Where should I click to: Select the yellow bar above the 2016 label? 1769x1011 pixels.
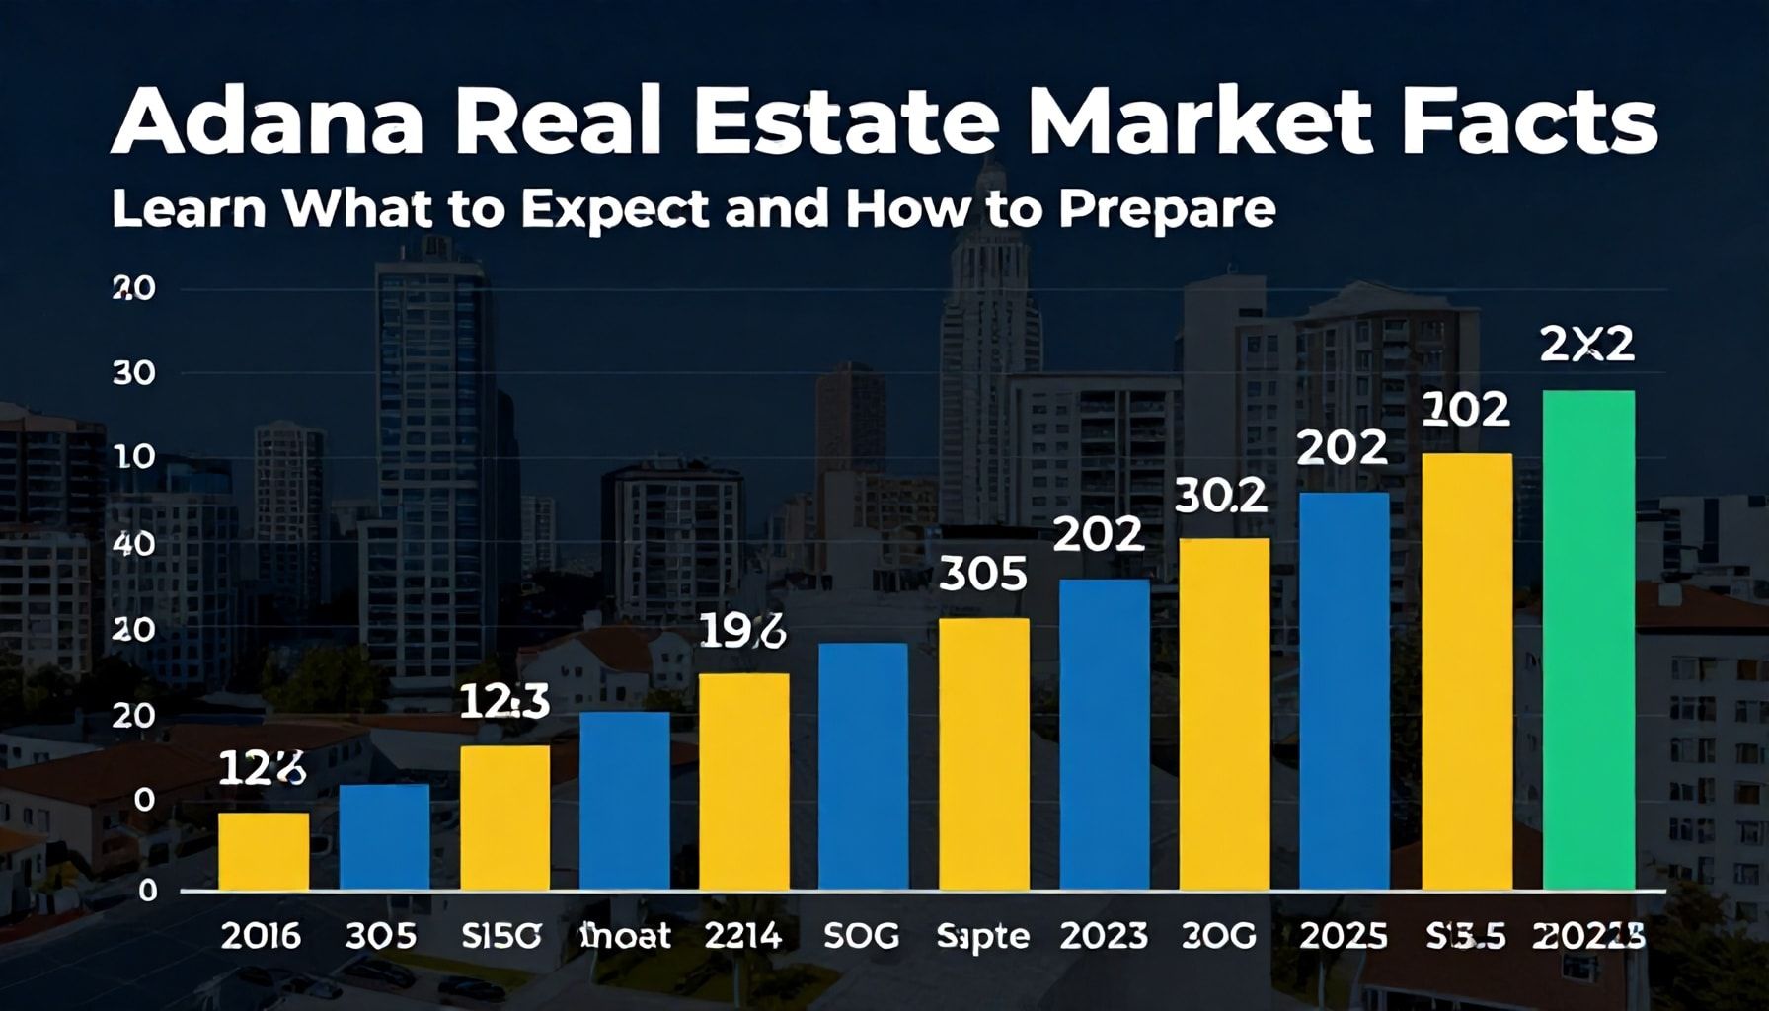[264, 851]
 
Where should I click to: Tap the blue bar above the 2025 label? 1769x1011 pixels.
[1344, 691]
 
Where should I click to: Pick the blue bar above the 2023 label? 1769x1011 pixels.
[1104, 735]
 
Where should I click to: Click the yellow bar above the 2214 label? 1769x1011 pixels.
[743, 782]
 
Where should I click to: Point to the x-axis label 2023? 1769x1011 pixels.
[1104, 935]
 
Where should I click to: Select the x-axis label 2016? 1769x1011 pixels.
[261, 935]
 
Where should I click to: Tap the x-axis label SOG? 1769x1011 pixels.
[862, 935]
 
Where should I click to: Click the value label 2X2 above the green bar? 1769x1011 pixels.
[1586, 345]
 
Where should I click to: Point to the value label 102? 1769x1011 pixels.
[1466, 409]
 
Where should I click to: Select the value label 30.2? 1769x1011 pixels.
[1221, 496]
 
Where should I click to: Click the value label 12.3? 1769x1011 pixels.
[504, 701]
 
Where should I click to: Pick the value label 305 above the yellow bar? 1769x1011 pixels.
[982, 574]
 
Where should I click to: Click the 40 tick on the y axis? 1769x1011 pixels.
[134, 544]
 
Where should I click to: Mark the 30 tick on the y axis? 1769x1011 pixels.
[134, 373]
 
